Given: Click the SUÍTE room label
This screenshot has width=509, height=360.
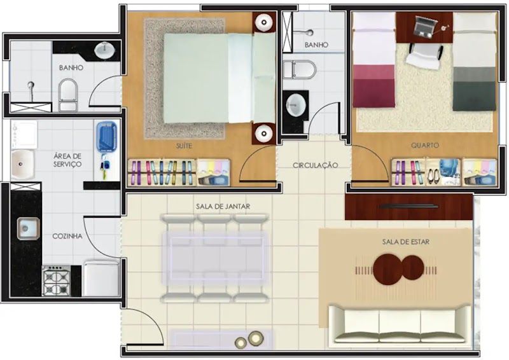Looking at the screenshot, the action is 184,146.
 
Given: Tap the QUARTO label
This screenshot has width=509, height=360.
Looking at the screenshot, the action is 424,145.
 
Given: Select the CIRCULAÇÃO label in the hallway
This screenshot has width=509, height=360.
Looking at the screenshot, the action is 315,165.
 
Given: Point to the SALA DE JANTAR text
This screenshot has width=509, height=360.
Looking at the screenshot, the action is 223,206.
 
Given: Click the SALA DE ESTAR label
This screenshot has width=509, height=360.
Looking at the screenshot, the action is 406,242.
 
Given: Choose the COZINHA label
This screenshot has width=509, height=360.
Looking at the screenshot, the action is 67,236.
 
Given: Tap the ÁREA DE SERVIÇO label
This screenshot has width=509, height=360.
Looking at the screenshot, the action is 67,160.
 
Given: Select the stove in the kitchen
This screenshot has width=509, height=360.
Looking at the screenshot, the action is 57,280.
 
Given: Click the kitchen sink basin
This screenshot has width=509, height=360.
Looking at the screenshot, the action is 29,228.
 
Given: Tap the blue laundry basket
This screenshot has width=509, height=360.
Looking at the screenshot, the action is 106,138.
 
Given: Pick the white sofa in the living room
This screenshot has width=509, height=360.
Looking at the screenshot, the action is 400,324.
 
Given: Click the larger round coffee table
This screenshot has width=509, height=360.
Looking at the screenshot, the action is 388,270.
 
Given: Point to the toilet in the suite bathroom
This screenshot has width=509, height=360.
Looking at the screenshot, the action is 68,95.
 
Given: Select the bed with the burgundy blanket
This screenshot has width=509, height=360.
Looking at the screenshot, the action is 374,60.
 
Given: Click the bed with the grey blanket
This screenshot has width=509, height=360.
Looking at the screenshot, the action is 475,62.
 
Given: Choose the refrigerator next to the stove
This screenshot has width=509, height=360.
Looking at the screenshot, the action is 102,278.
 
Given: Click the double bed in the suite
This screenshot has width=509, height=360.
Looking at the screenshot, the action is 220,78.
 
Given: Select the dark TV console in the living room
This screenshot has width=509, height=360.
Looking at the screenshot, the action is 408,207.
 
